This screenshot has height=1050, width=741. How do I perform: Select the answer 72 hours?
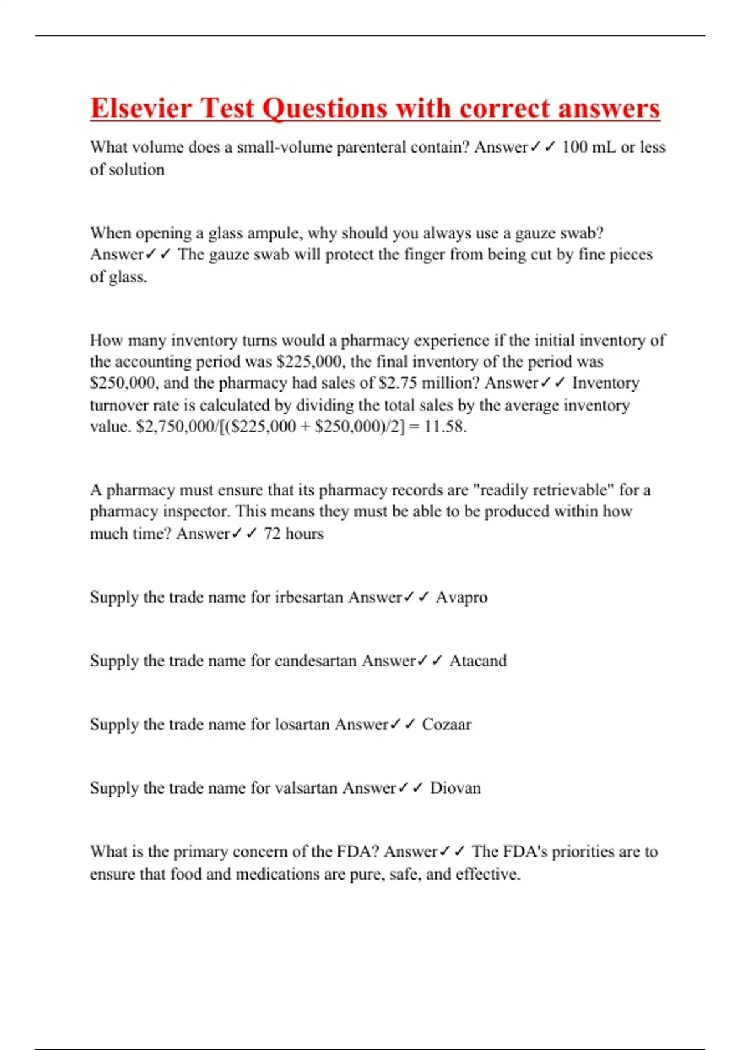click(x=293, y=533)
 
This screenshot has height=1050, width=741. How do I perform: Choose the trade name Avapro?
click(x=461, y=597)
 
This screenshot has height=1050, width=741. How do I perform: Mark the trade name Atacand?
click(x=477, y=661)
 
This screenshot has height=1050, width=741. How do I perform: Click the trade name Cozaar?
click(x=446, y=724)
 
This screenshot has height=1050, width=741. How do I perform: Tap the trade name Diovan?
click(x=455, y=788)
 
